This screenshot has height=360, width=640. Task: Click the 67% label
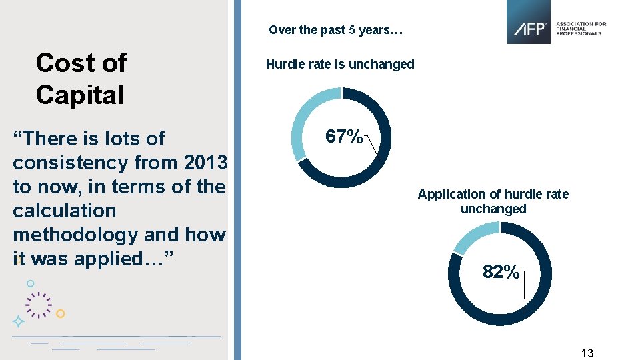(x=343, y=137)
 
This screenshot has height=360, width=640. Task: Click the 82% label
(x=501, y=272)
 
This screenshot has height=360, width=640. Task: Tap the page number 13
(x=587, y=353)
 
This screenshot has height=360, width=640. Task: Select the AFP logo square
(x=529, y=22)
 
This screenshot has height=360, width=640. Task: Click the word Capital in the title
(x=80, y=95)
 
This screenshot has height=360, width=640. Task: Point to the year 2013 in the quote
(x=205, y=163)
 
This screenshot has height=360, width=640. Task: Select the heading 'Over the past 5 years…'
(x=335, y=30)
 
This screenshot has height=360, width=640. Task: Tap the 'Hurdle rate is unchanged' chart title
(x=340, y=65)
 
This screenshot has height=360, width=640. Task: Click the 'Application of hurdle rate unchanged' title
(x=493, y=201)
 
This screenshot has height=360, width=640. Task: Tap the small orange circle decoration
(x=60, y=313)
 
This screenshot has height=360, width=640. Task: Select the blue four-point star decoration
(x=19, y=321)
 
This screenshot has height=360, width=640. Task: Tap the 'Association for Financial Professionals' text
(x=581, y=28)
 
